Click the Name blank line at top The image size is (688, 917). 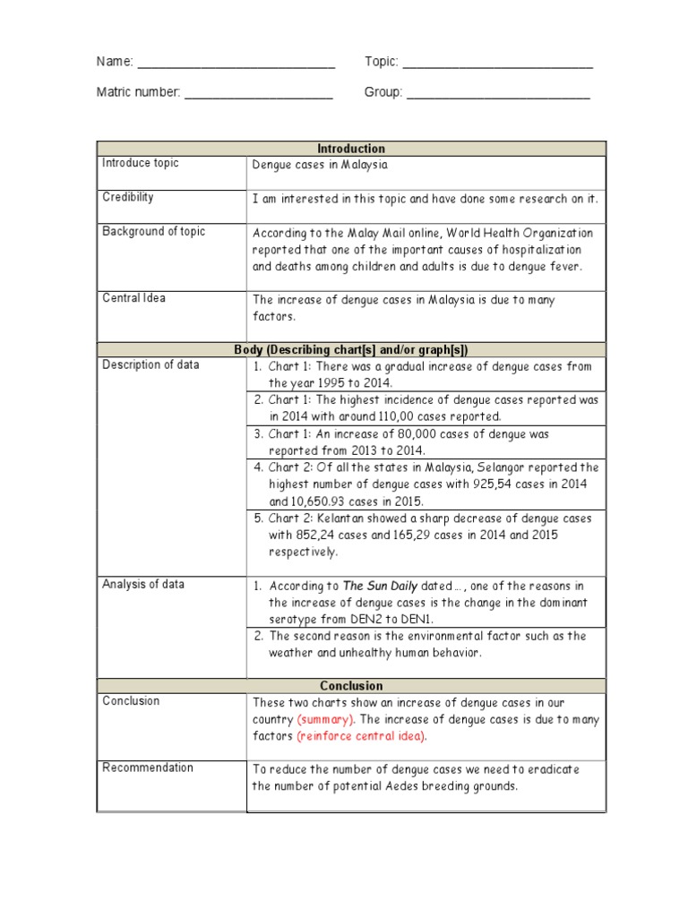tap(236, 64)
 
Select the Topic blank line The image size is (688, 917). tap(497, 64)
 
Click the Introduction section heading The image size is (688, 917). tap(351, 149)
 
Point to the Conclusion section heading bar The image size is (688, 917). tap(351, 686)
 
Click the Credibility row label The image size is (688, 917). tap(128, 197)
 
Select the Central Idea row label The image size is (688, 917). tap(133, 298)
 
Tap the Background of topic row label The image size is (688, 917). tap(153, 231)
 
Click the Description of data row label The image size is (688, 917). tap(150, 364)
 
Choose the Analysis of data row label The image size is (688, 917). tap(143, 584)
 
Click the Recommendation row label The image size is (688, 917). tap(148, 767)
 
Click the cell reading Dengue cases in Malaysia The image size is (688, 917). tap(320, 165)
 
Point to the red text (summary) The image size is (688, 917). tap(326, 719)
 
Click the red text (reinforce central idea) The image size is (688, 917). tap(362, 736)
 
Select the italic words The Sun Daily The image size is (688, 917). tap(381, 587)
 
